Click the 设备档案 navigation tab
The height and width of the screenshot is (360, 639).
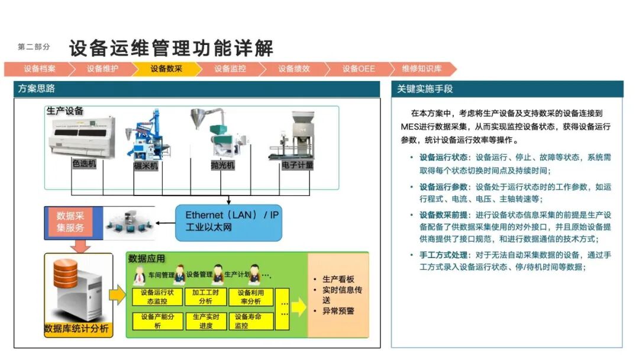point(39,69)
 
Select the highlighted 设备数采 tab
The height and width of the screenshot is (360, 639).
point(166,69)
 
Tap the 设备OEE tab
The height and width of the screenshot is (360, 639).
point(359,69)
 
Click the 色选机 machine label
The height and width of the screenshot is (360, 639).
point(84,163)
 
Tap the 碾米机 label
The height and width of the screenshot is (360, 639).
point(146,166)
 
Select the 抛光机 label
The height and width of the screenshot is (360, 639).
point(222,165)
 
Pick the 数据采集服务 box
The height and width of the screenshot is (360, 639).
point(70,221)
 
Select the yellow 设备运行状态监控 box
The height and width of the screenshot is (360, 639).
point(153,297)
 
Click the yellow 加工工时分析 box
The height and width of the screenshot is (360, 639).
point(206,297)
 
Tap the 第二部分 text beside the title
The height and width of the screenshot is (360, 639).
point(34,47)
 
